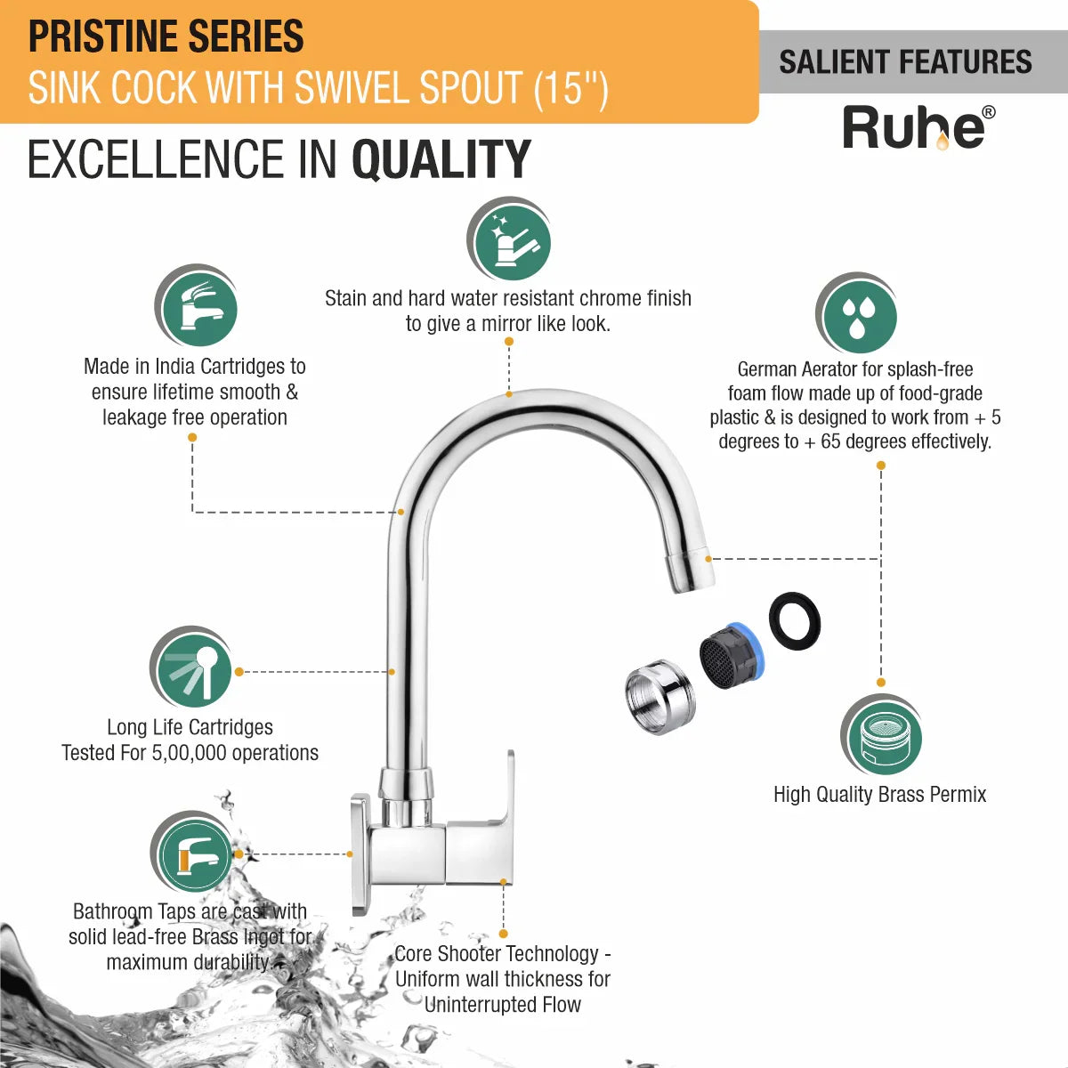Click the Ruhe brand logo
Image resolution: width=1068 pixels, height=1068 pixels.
click(918, 128)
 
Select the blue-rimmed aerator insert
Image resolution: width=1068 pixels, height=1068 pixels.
click(730, 656)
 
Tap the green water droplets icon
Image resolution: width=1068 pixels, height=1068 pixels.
click(856, 313)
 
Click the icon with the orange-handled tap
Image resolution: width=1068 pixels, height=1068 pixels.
click(192, 852)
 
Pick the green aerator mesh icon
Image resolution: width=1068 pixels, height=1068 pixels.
click(881, 734)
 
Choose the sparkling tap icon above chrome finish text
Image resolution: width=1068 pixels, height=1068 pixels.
click(509, 239)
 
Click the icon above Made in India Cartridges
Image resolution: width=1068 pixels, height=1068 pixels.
click(196, 305)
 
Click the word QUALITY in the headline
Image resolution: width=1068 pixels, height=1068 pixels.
click(441, 159)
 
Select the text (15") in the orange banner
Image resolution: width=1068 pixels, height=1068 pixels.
click(570, 87)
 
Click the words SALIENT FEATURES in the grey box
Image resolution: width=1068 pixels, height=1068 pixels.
click(906, 61)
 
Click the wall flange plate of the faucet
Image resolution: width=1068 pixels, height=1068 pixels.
click(360, 855)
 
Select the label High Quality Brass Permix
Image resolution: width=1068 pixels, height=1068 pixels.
click(880, 794)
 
